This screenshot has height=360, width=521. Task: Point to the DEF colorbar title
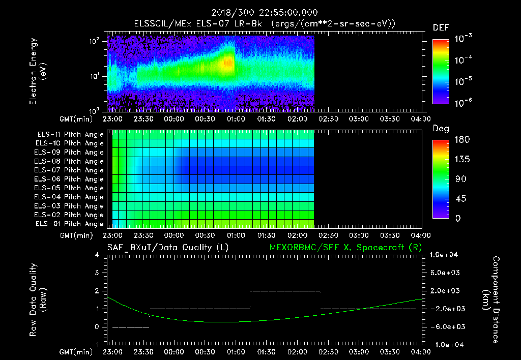tap(441, 28)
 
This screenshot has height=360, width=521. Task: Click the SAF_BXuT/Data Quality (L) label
tap(167, 247)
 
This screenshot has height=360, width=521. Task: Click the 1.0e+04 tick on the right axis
tap(445, 255)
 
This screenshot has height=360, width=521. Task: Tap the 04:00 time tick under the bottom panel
tap(421, 352)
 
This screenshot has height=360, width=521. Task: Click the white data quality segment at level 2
tap(285, 291)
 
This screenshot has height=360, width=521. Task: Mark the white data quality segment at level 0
tap(130, 327)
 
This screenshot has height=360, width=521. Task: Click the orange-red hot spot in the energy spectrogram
tap(228, 63)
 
